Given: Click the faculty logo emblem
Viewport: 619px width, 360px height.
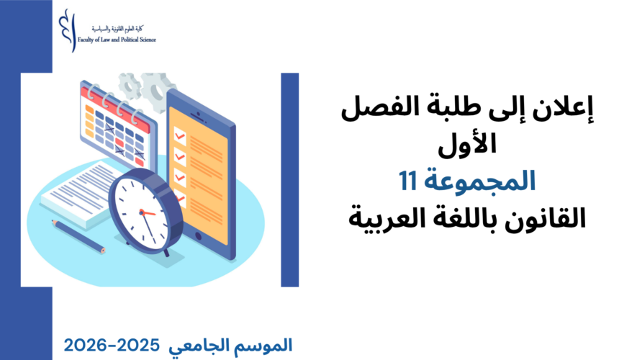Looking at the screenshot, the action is coord(67,30).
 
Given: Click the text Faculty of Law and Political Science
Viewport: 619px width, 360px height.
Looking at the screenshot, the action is coord(117,40).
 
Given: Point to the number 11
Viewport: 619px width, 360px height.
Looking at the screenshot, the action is coord(408,181).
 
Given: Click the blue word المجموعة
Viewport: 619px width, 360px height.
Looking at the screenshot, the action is coord(479,181).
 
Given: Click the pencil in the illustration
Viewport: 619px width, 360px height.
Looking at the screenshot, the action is coord(78,236).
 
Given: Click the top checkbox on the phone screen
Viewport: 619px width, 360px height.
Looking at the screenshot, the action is coord(180,135).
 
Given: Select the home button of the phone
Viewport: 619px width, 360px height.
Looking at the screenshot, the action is coord(198,237).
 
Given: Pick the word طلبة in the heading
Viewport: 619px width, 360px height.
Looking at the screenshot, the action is coord(494,109).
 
